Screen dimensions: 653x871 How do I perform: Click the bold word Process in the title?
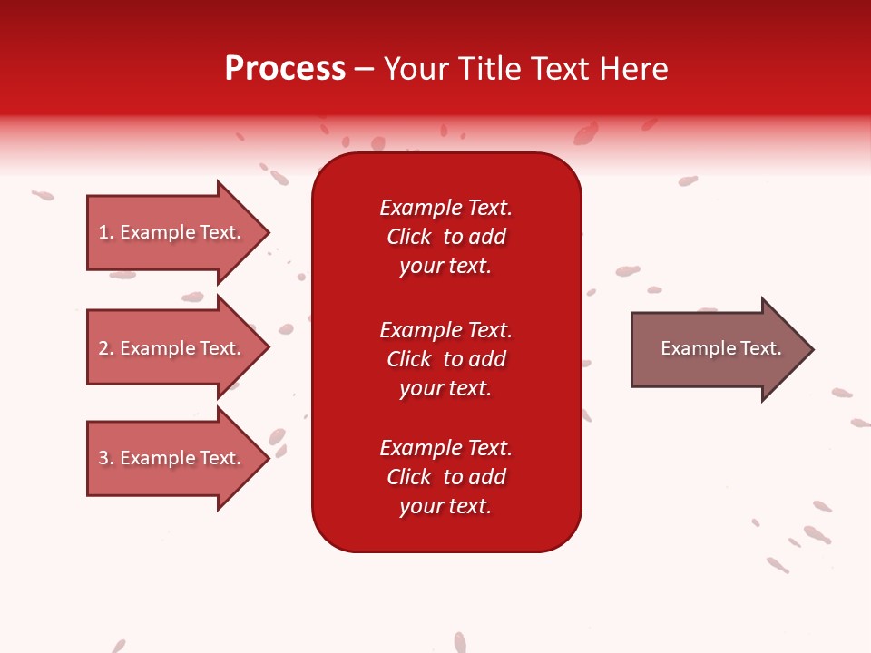[285, 69]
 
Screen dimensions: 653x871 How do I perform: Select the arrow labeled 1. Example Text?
[170, 232]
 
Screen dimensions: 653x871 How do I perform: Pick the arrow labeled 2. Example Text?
[170, 348]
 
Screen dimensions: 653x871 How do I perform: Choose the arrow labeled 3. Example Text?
[170, 458]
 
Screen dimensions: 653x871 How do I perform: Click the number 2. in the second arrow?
[106, 348]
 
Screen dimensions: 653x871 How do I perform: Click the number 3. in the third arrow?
[106, 458]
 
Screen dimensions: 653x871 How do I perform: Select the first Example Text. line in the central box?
[445, 208]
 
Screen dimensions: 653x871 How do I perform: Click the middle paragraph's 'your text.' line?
[445, 388]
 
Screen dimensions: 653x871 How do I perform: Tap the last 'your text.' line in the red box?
[445, 506]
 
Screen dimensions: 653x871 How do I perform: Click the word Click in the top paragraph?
[408, 237]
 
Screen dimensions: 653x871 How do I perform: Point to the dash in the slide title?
[365, 69]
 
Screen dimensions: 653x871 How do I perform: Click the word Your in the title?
[414, 69]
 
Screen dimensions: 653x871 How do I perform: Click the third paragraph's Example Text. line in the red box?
[445, 448]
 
